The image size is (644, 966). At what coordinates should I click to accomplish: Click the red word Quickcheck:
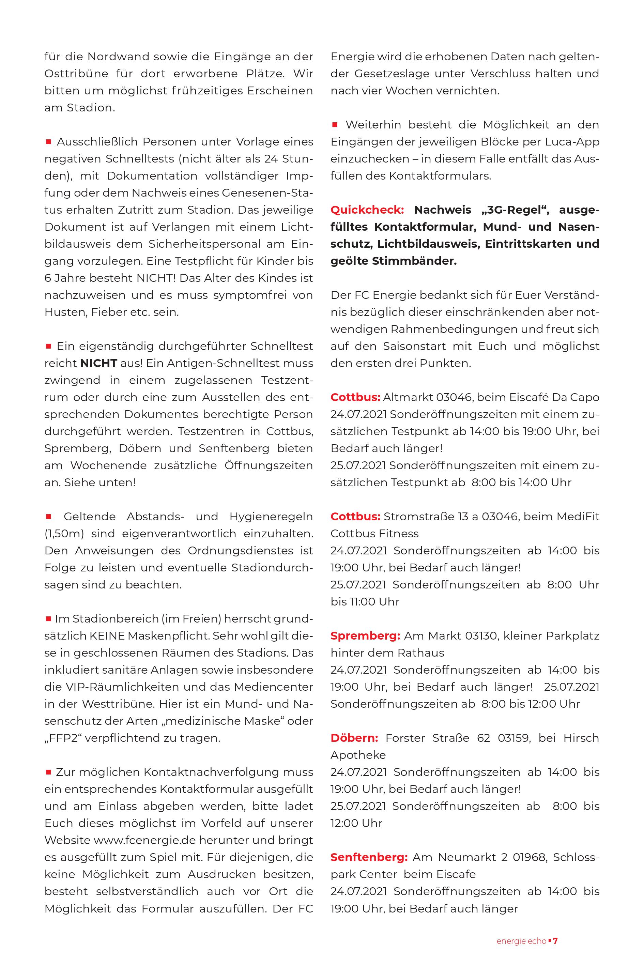(367, 210)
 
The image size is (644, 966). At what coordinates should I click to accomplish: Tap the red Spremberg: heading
(365, 636)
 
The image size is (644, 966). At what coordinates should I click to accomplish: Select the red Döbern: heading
(354, 738)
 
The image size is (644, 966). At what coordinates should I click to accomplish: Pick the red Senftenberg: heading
(369, 857)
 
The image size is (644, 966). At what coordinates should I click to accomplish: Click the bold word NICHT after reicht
(99, 363)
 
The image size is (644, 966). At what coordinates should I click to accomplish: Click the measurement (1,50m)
(64, 534)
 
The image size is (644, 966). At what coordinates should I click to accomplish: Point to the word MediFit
(578, 516)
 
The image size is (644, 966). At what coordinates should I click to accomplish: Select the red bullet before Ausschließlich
(48, 142)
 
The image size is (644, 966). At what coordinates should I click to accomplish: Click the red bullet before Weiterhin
(335, 125)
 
